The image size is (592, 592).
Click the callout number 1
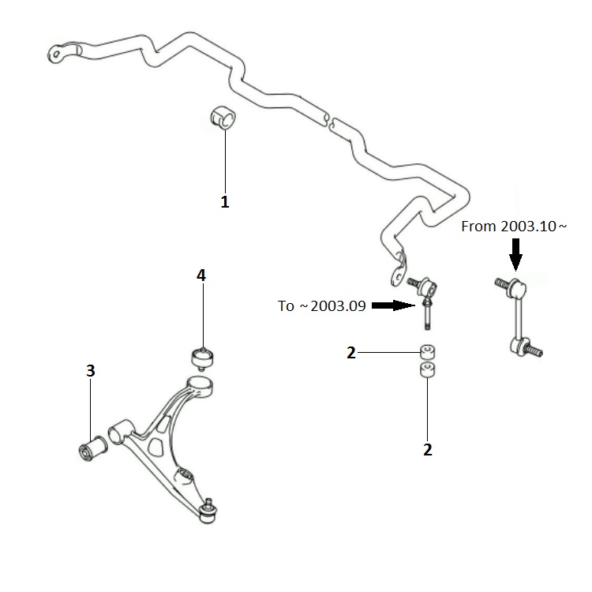225,202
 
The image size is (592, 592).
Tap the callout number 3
91,371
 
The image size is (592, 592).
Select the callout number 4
201,275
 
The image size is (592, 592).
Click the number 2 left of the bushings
351,353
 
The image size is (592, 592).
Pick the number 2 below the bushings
427,450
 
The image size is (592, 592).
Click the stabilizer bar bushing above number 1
223,118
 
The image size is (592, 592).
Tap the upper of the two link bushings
427,352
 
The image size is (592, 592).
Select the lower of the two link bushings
427,369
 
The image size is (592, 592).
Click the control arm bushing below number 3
93,448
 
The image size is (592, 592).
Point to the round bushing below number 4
202,358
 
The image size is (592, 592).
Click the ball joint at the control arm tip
207,511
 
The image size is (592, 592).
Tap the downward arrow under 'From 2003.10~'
515,254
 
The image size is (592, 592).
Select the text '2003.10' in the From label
529,227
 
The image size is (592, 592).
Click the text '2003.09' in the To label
339,305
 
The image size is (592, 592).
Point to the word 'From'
478,227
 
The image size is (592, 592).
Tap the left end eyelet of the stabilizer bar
56,54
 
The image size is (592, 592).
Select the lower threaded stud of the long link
534,350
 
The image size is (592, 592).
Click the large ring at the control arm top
200,385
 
